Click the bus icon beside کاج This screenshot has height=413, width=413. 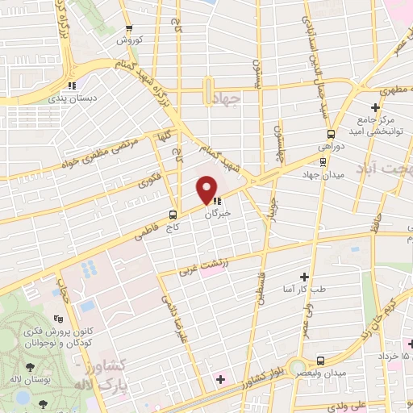[x=173, y=215]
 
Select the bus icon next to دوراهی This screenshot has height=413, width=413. [x=331, y=135]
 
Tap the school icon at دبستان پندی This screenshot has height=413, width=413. [x=73, y=84]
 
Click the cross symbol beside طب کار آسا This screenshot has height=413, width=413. [x=304, y=276]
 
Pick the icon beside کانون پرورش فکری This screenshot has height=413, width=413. [x=56, y=319]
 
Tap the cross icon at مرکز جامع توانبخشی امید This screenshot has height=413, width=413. [x=376, y=107]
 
